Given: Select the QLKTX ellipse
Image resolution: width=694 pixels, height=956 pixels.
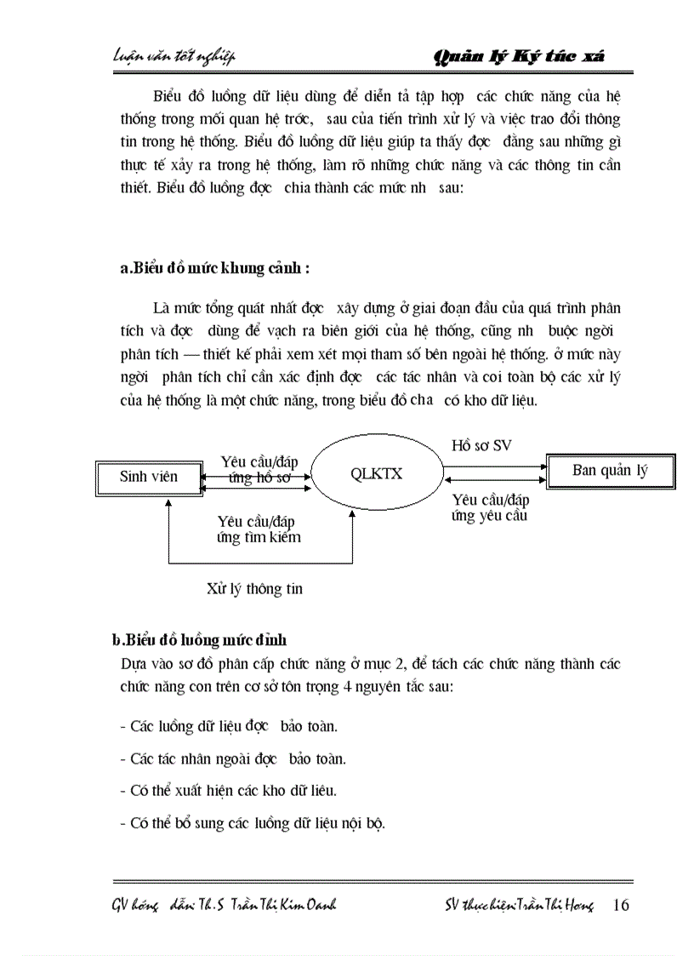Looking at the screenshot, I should (376, 474).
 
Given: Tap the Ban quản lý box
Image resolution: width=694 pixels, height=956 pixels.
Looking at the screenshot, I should (610, 471).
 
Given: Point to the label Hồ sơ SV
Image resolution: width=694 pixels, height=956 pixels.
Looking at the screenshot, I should (481, 446).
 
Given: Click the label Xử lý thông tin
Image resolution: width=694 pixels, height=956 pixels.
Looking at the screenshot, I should (254, 589).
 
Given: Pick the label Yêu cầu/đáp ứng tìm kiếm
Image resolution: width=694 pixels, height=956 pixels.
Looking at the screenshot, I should (259, 529).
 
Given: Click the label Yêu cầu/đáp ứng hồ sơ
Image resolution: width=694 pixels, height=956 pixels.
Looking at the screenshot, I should (259, 469).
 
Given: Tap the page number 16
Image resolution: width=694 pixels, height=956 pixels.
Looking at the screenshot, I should (621, 905).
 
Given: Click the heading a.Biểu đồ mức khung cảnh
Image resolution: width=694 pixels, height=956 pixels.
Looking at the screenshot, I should (215, 268).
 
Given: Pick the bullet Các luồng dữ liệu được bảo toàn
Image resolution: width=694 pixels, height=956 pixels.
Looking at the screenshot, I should (229, 726).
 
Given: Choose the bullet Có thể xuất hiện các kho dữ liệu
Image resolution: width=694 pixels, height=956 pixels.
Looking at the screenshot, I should (229, 790).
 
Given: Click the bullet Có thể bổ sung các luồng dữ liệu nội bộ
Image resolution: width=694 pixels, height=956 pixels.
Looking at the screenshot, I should (253, 822).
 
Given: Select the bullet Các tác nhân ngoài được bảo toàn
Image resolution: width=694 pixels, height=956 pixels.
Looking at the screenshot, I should (233, 759).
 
